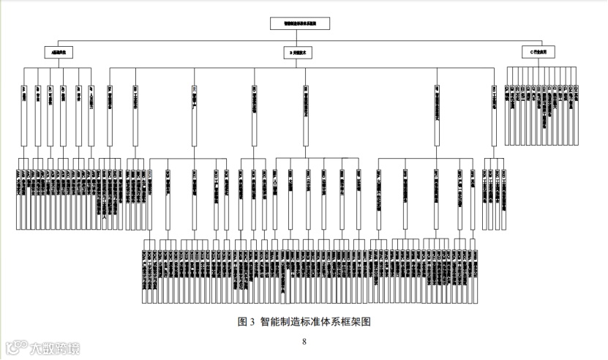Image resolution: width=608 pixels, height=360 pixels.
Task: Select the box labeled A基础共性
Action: (58, 52)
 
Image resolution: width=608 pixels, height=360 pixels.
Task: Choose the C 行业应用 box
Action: (543, 52)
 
